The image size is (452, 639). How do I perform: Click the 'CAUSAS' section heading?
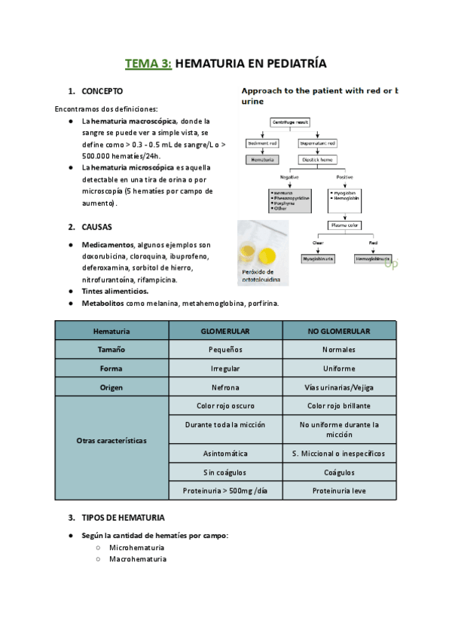(97, 227)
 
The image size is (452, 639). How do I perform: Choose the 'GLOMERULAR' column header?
(225, 331)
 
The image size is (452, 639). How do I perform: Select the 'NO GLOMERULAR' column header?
(339, 331)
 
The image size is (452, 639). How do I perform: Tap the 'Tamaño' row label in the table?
(111, 350)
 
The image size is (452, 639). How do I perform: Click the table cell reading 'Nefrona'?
(225, 387)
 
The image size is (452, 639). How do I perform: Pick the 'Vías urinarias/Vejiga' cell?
(339, 387)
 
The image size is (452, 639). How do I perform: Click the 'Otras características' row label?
(111, 440)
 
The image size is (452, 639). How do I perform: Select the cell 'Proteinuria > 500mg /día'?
(225, 491)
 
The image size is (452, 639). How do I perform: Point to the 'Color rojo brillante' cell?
(339, 405)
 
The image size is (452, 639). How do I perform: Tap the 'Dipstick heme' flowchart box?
(317, 160)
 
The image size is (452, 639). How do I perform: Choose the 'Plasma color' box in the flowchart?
(344, 225)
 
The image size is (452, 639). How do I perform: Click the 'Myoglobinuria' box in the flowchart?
(317, 258)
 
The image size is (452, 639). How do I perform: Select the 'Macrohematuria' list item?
(138, 559)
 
